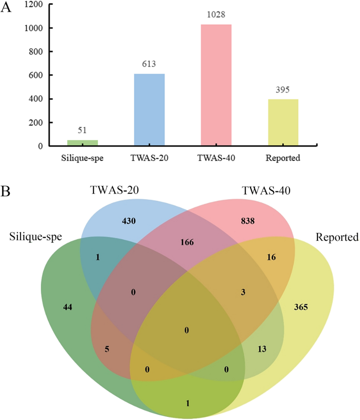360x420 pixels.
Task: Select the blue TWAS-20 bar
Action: coord(149,110)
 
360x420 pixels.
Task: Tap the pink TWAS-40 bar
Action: coord(217,85)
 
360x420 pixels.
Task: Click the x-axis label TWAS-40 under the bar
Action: coord(217,157)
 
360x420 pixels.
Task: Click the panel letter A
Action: coord(7,9)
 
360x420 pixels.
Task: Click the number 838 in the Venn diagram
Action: coord(248,221)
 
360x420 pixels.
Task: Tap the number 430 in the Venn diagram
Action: coord(129,221)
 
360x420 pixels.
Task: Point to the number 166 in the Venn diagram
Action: coord(187,242)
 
